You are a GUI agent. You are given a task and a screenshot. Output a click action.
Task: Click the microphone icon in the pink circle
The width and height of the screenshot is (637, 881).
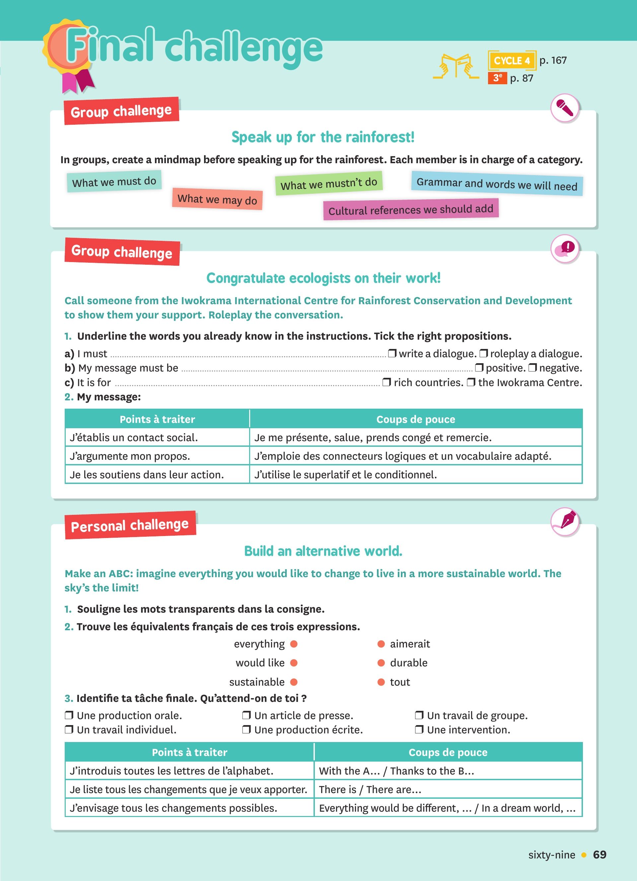565,108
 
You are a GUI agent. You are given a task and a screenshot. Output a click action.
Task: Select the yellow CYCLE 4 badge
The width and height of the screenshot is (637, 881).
512,61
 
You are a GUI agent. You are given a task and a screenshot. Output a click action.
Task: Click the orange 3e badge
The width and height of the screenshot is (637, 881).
497,78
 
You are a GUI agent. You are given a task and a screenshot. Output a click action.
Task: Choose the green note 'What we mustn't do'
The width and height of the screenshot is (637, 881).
328,183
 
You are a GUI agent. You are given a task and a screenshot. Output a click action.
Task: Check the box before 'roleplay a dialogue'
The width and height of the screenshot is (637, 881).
484,353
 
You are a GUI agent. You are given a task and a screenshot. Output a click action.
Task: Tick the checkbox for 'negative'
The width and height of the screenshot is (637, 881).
532,368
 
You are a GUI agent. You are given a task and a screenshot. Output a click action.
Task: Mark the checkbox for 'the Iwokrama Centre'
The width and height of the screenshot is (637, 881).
471,382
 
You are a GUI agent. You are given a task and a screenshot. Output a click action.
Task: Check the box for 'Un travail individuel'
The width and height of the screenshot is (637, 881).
69,729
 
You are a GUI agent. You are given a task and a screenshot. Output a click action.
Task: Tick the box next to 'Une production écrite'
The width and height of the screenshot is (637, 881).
246,729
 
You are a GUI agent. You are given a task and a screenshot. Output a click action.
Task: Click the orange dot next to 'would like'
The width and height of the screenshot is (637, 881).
294,663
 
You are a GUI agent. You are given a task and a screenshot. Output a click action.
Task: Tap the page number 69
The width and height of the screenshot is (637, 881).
599,854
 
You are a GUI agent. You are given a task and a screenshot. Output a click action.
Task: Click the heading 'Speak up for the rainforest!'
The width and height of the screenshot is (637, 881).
323,137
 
